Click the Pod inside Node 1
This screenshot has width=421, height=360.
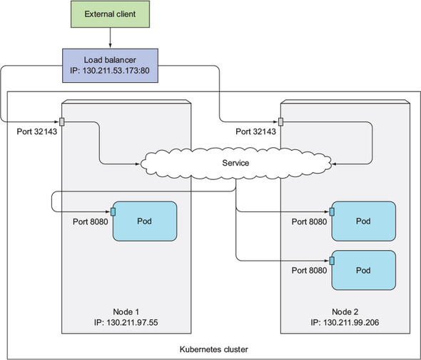[145, 221]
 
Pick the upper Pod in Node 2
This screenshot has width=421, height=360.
[364, 221]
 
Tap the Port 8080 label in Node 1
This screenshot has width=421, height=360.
[91, 221]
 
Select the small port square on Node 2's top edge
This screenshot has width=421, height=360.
[281, 121]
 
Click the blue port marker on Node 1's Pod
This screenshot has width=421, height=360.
[113, 212]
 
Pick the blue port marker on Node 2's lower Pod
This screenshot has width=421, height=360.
[332, 261]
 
